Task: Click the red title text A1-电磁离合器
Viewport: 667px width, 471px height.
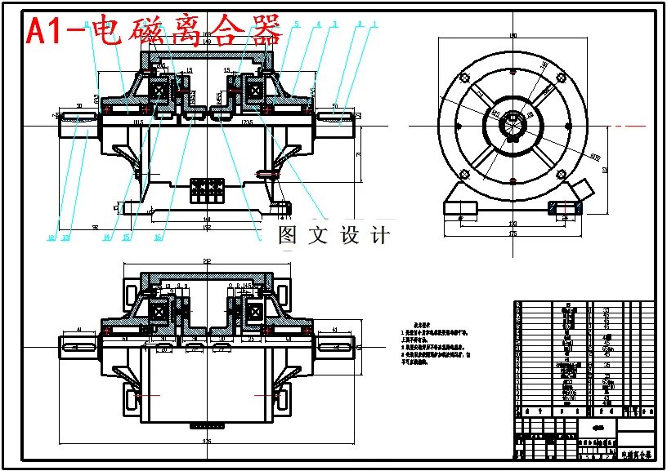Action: point(154,31)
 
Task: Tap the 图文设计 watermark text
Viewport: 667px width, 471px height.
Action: point(333,237)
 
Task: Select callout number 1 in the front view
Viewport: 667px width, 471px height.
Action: point(374,25)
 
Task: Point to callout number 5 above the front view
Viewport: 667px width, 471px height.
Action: point(297,25)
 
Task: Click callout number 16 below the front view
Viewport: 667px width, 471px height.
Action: point(158,238)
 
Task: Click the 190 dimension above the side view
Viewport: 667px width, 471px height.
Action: point(513,35)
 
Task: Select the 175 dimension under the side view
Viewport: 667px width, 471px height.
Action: point(513,234)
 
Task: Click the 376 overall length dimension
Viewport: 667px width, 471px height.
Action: point(207,442)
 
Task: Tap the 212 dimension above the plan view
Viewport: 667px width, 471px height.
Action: point(207,261)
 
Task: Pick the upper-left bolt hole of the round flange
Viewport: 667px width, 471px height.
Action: point(465,78)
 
